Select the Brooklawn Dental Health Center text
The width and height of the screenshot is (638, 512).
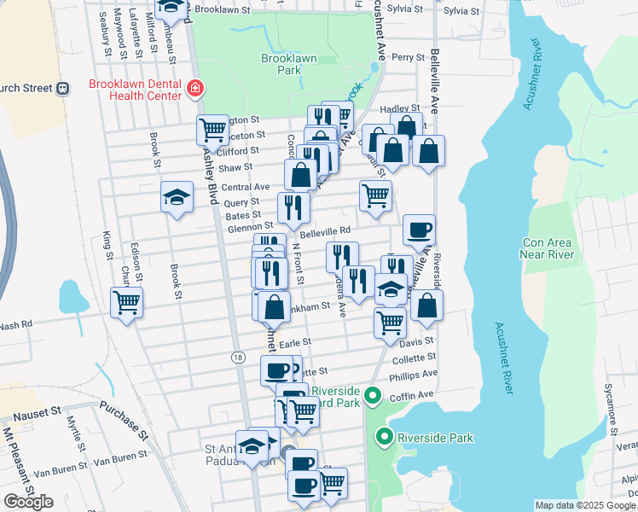(136, 90)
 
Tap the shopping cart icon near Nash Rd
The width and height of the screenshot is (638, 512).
(127, 301)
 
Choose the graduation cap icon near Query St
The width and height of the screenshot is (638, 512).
(177, 198)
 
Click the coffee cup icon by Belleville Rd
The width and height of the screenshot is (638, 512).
(419, 229)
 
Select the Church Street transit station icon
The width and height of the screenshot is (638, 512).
(62, 88)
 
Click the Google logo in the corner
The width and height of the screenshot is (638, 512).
(28, 502)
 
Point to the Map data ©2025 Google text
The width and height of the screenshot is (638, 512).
(585, 505)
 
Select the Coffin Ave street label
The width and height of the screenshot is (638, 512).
(413, 395)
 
